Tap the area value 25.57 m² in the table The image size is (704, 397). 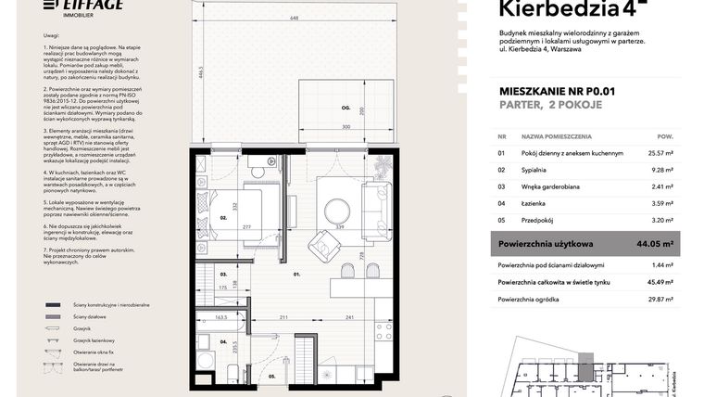(659, 153)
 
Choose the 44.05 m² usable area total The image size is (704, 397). (656, 244)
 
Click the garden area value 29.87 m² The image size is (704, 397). (659, 300)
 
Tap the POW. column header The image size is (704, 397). (665, 134)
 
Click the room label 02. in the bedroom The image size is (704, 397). (223, 218)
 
